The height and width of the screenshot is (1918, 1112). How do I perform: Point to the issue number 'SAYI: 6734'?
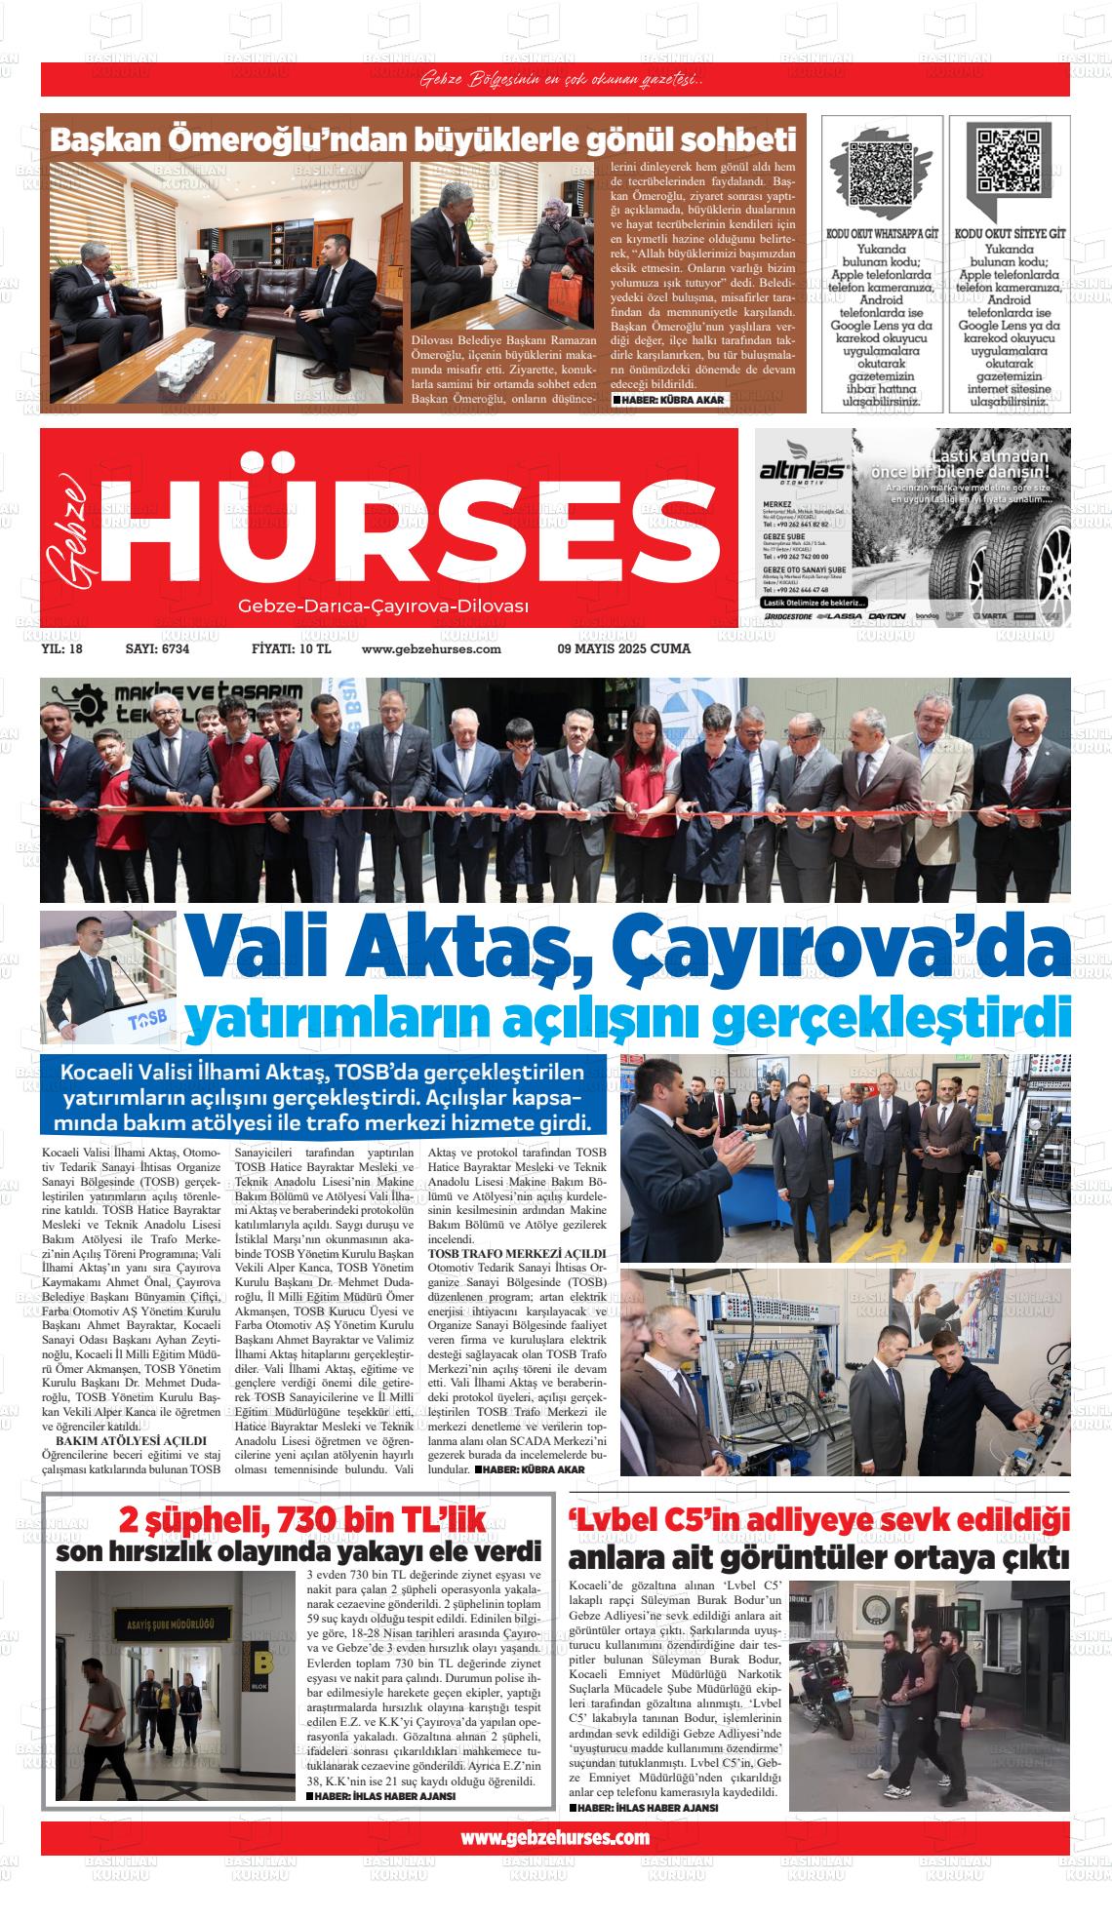pyautogui.click(x=157, y=648)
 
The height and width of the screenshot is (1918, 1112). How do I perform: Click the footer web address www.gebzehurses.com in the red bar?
pyautogui.click(x=554, y=1837)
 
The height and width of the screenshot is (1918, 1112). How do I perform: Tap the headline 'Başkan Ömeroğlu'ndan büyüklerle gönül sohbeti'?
pyautogui.click(x=423, y=140)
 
